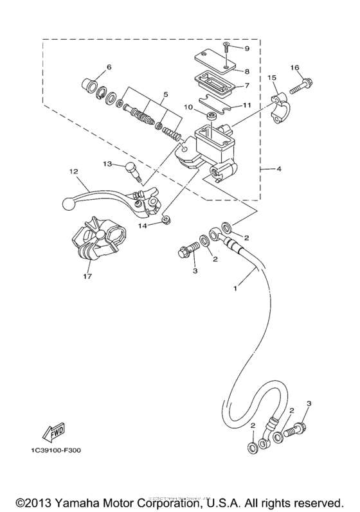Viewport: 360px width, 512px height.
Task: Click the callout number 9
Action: point(246,48)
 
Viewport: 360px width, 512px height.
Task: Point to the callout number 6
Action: point(109,66)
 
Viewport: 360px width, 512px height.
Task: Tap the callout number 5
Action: point(166,94)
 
